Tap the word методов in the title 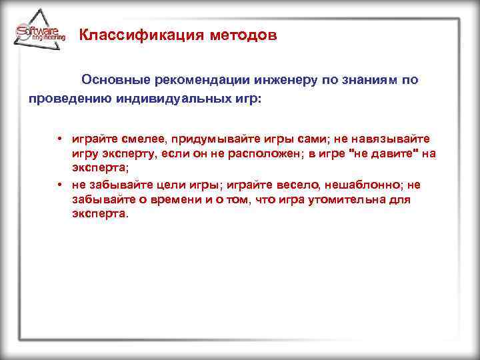point(241,35)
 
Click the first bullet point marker point(60,139)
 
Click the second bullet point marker point(60,185)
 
